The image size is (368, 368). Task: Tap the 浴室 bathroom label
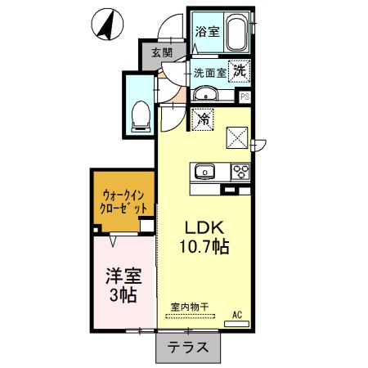coord(206,32)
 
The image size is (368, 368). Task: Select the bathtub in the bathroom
coord(236,33)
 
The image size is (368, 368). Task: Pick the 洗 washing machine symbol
coord(239,71)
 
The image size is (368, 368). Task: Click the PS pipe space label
coord(245,96)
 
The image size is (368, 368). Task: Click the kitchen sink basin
coord(204,172)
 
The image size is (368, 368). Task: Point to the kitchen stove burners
coord(242,172)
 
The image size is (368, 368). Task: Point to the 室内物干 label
coord(190,307)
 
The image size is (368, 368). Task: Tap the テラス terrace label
coord(188,347)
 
